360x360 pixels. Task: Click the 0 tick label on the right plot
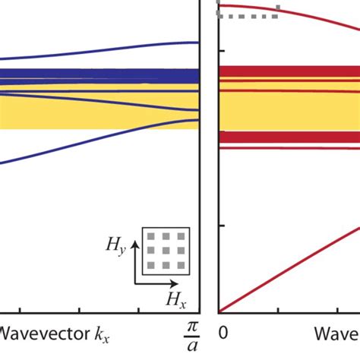point(223,333)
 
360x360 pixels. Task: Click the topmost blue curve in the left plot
point(152,46)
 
